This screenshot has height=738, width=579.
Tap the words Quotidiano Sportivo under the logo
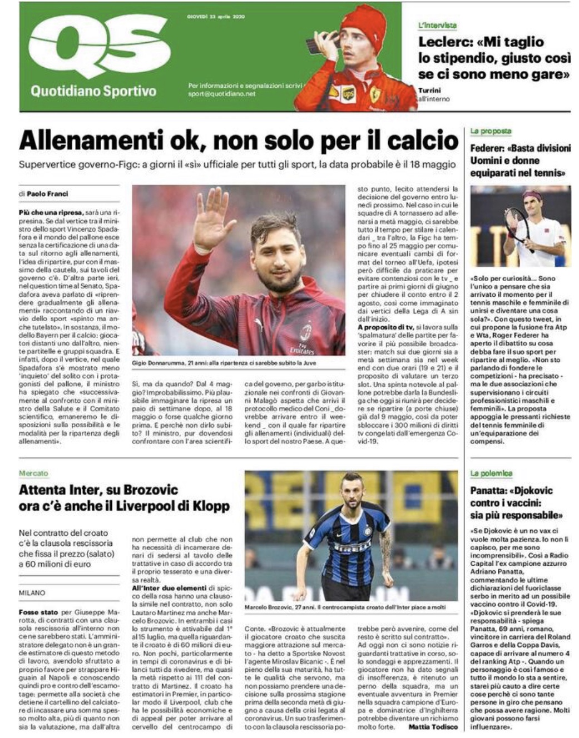[x=93, y=91]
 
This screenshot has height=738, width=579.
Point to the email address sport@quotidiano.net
[x=221, y=94]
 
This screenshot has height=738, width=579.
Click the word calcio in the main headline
[x=423, y=140]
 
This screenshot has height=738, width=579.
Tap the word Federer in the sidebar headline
[x=488, y=148]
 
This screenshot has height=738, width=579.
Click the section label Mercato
[x=33, y=473]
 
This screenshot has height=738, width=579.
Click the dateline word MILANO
[x=32, y=593]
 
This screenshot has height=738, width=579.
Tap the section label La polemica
[x=491, y=473]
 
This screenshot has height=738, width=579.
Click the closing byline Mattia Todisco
[x=433, y=727]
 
